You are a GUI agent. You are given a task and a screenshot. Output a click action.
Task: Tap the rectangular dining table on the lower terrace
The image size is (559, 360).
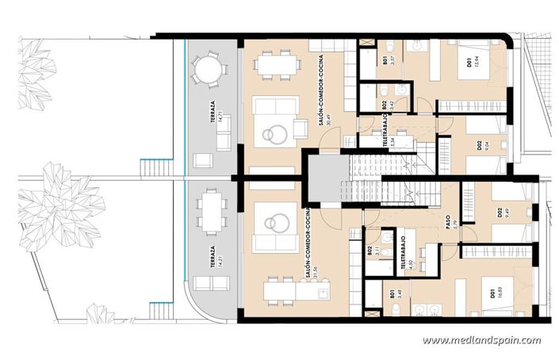(x=210, y=212)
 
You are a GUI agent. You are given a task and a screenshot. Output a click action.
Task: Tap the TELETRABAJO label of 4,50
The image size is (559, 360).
(x=404, y=253)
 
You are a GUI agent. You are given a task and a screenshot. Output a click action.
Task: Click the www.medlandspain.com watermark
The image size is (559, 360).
(x=481, y=341)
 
